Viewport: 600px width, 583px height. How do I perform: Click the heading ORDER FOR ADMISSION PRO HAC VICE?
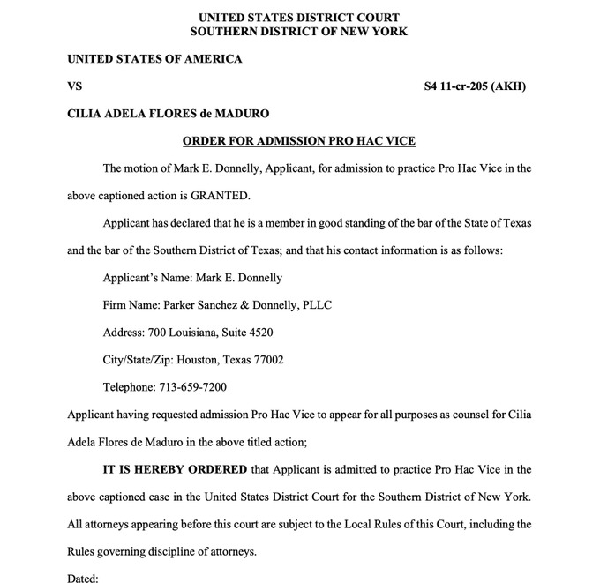pyautogui.click(x=299, y=140)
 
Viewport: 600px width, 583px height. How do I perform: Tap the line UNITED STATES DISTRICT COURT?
pyautogui.click(x=299, y=17)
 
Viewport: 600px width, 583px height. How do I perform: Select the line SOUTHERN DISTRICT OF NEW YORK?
pyautogui.click(x=299, y=31)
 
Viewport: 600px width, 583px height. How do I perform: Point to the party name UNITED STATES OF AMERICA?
pyautogui.click(x=154, y=59)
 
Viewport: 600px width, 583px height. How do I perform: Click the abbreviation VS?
pyautogui.click(x=75, y=86)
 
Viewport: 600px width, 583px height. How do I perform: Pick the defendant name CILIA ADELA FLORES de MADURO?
pyautogui.click(x=169, y=114)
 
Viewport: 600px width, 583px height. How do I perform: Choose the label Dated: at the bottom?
pyautogui.click(x=83, y=579)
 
